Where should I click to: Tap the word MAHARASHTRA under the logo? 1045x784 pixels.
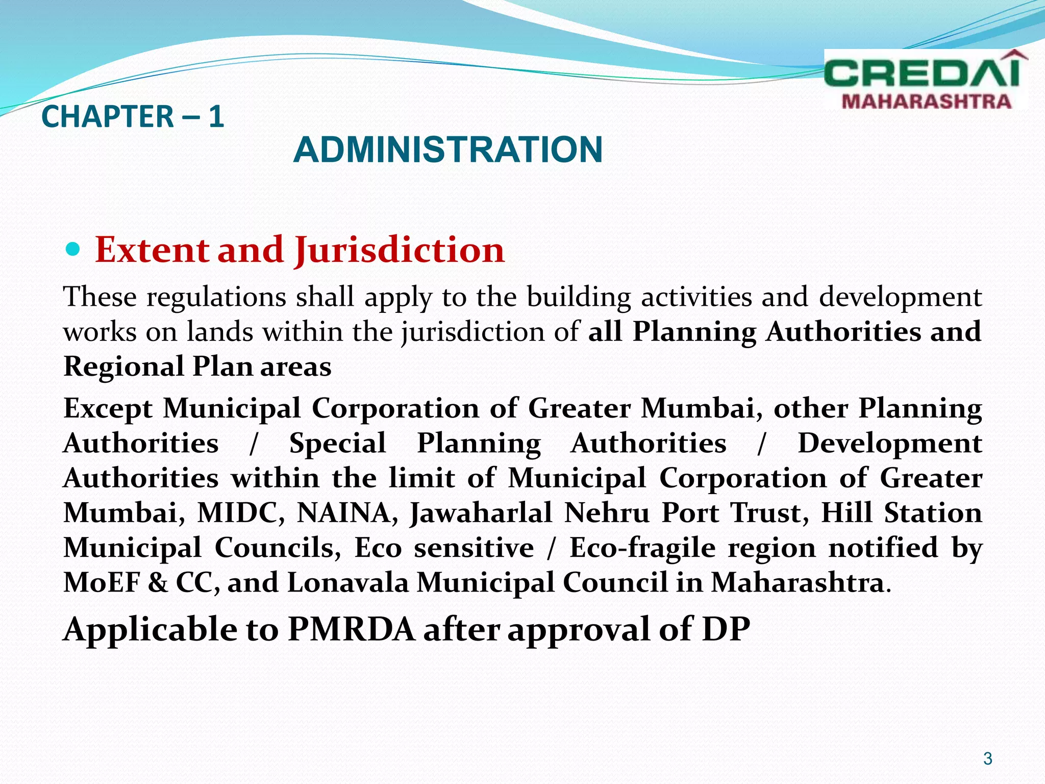click(x=926, y=102)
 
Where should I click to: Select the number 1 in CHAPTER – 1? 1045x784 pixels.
click(x=216, y=116)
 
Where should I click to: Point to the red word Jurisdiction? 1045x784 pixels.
click(x=399, y=250)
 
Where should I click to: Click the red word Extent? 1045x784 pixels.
click(x=152, y=250)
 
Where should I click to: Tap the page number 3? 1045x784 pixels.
click(x=988, y=759)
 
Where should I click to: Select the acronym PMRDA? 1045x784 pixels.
click(x=352, y=629)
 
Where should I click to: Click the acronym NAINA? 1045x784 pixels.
click(x=347, y=513)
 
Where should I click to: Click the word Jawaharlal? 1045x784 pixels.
click(x=481, y=513)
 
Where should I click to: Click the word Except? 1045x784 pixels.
click(x=108, y=409)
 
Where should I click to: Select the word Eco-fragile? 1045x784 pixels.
click(x=642, y=548)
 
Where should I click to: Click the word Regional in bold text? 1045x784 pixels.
click(x=123, y=366)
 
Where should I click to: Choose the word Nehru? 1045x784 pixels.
click(x=607, y=513)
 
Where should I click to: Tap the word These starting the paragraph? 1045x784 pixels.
click(x=100, y=297)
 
